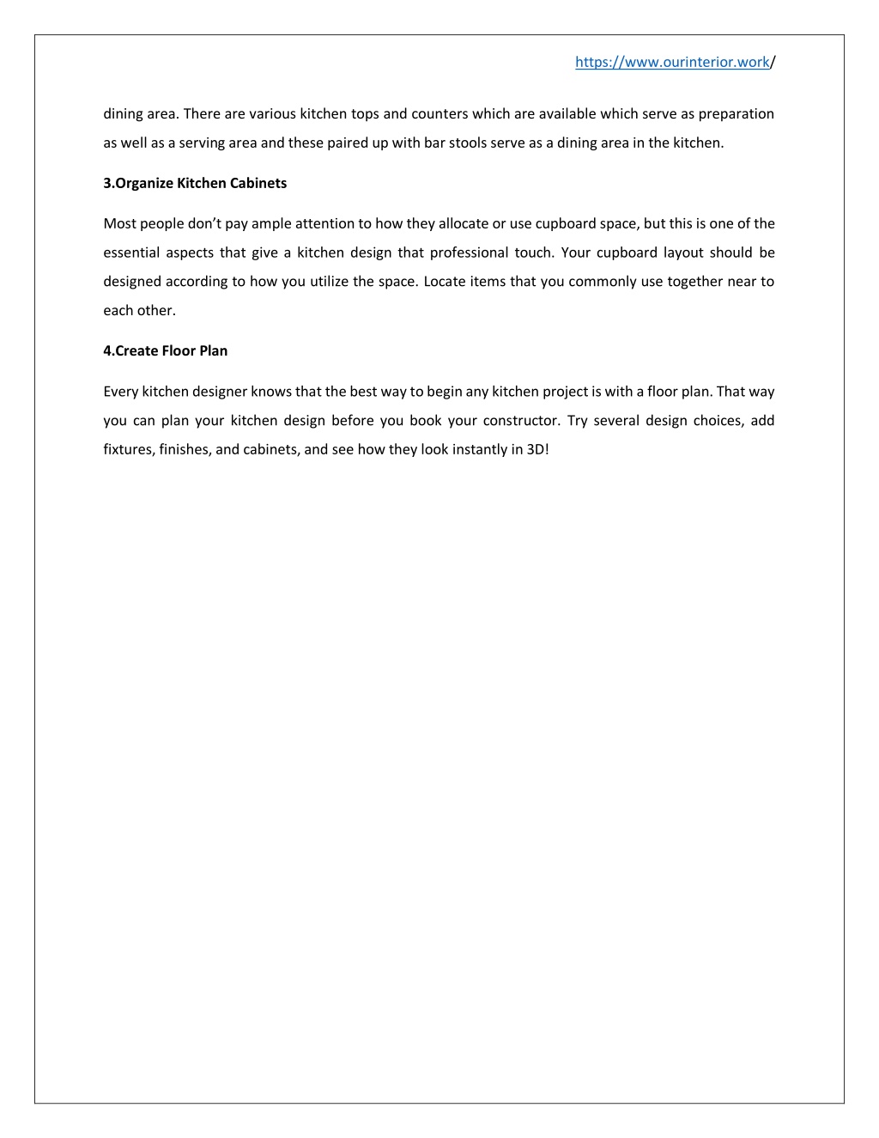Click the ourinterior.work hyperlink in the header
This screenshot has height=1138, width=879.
(x=672, y=62)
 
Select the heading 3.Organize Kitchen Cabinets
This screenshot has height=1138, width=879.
(x=195, y=183)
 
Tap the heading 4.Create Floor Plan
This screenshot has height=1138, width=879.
(x=166, y=350)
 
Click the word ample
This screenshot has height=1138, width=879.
(x=271, y=223)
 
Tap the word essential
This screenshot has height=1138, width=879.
(x=131, y=253)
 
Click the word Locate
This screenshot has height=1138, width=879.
(x=445, y=282)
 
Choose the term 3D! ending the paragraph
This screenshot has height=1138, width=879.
(x=537, y=449)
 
